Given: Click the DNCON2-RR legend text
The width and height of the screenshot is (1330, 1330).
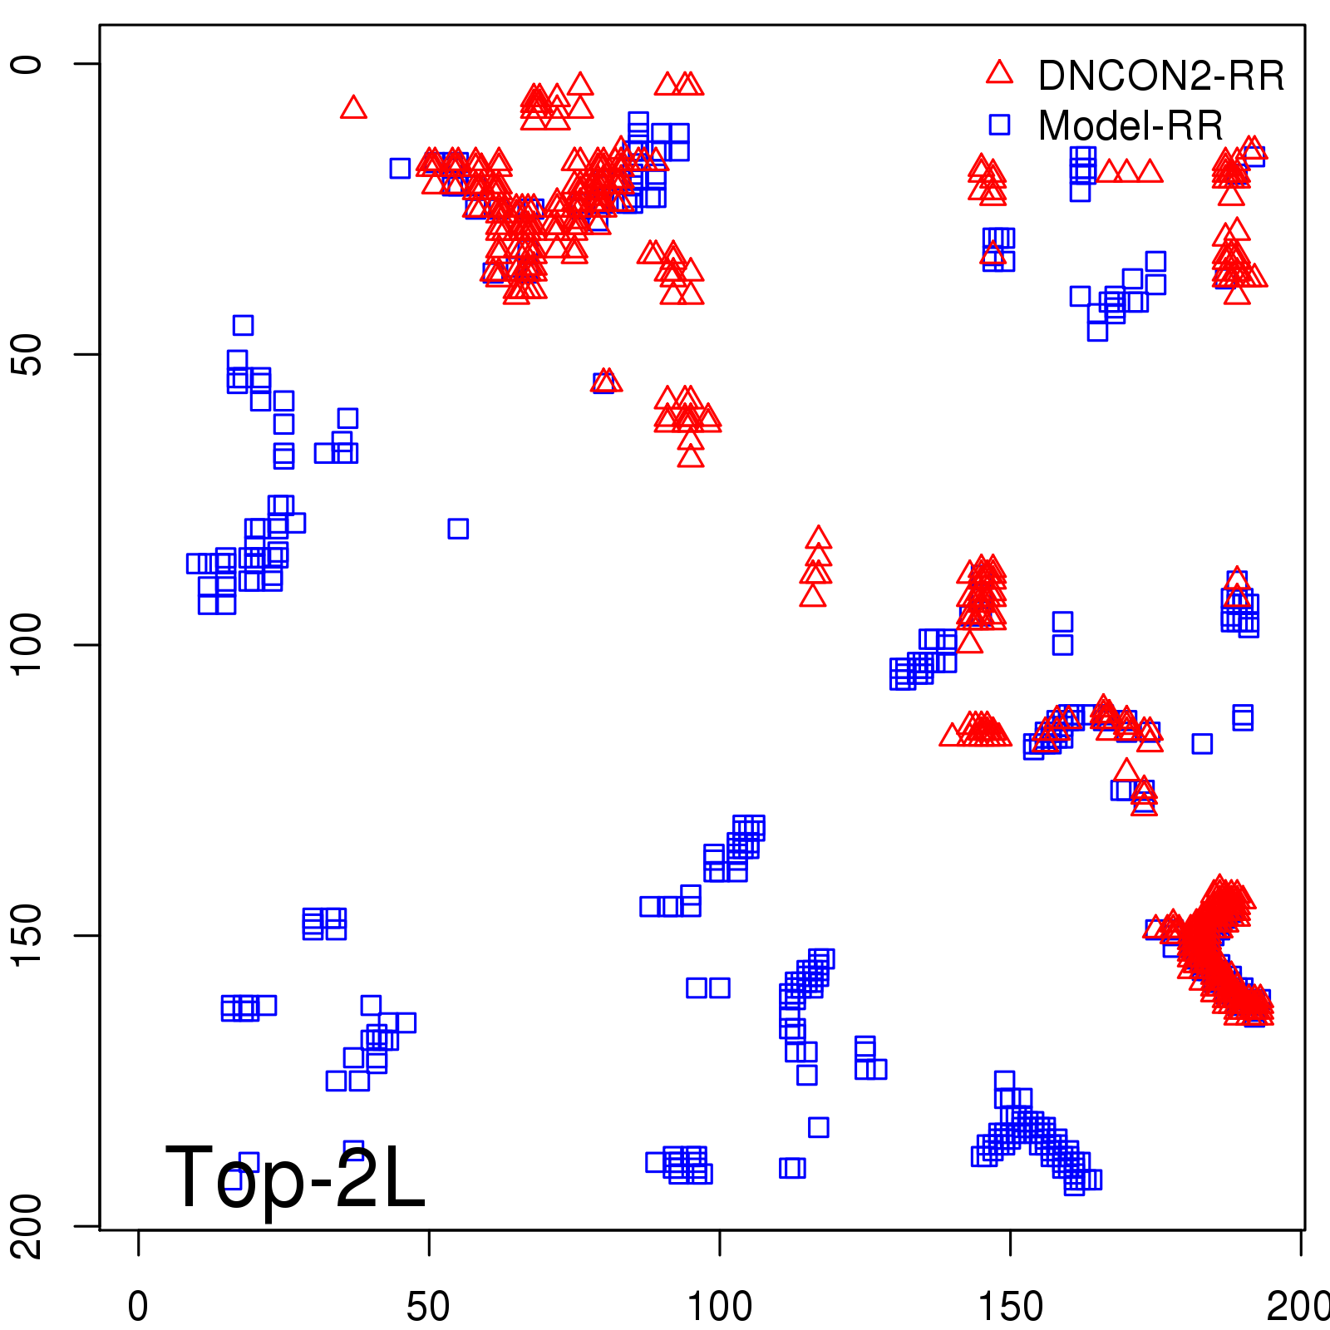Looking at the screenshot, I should (x=1160, y=76).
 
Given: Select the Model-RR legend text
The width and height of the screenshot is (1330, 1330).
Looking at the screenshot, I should (x=1130, y=126).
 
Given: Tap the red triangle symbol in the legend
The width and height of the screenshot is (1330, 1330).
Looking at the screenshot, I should (x=999, y=73).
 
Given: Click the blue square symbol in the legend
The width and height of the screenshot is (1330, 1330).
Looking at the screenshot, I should (x=999, y=125).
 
